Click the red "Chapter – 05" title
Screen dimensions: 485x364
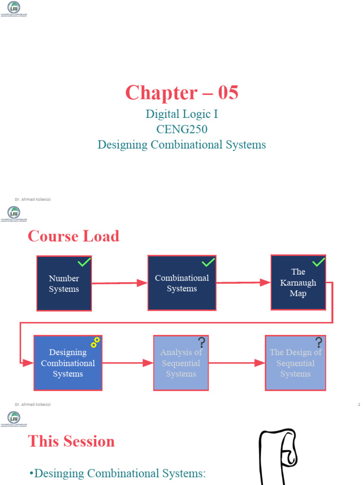(182, 93)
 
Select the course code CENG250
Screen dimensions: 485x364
(182, 129)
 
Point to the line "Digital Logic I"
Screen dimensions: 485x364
(182, 114)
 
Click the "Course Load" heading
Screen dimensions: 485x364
(73, 236)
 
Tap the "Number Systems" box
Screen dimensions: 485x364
(64, 284)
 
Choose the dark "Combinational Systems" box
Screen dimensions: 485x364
(182, 283)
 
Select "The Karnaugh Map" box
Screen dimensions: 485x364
(298, 283)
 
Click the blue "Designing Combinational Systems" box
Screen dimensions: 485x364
(68, 363)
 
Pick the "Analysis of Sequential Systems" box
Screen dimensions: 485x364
(181, 363)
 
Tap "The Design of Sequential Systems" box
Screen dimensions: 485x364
(295, 363)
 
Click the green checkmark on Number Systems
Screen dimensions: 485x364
(84, 262)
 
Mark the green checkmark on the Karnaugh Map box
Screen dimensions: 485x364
(318, 262)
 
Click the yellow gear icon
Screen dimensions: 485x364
(95, 342)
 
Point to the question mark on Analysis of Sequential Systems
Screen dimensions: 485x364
(201, 342)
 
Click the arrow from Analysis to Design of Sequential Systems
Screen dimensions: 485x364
(237, 363)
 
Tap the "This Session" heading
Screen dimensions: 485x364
(72, 441)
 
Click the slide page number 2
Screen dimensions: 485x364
(359, 405)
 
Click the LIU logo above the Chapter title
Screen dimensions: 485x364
(14, 8)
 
